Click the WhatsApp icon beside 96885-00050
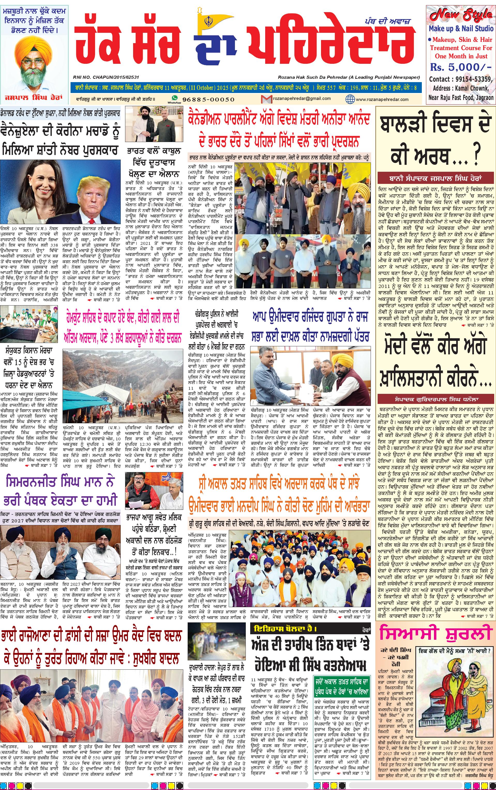pyautogui.click(x=174, y=98)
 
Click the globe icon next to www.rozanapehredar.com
pyautogui.click(x=350, y=99)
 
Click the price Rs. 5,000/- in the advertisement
pyautogui.click(x=461, y=67)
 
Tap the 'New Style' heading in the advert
pyautogui.click(x=461, y=15)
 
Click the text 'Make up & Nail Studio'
pyautogui.click(x=461, y=28)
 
